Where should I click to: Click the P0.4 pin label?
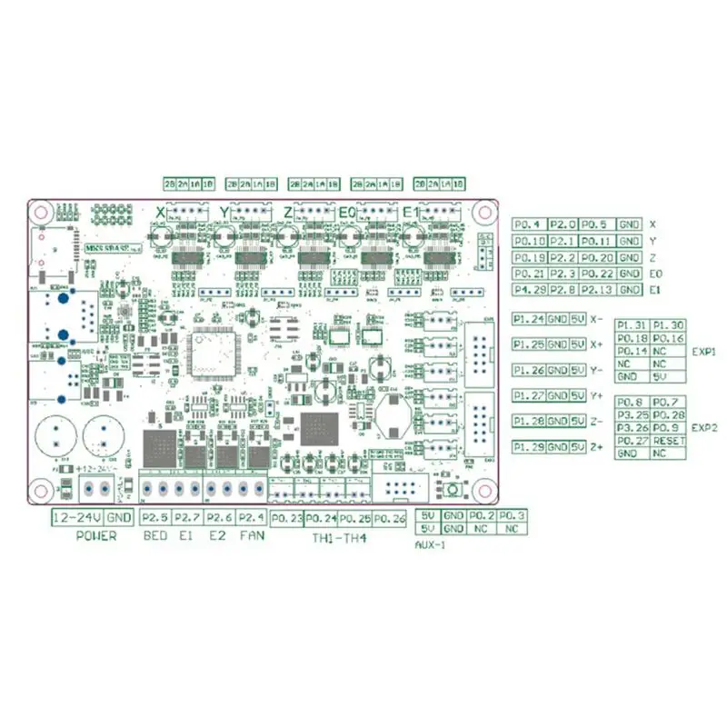(527, 224)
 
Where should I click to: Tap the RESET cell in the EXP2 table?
(668, 440)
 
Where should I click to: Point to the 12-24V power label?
(75, 517)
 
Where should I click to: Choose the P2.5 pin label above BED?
(156, 517)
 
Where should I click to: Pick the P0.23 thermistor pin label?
(285, 518)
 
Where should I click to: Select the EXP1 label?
(704, 350)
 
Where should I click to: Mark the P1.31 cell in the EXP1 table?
(632, 324)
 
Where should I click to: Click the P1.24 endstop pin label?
(529, 319)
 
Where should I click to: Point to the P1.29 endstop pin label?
(529, 447)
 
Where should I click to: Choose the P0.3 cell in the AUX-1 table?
(511, 515)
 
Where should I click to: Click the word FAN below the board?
(251, 536)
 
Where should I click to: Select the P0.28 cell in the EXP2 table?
(668, 414)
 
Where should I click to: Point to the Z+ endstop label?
(596, 448)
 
